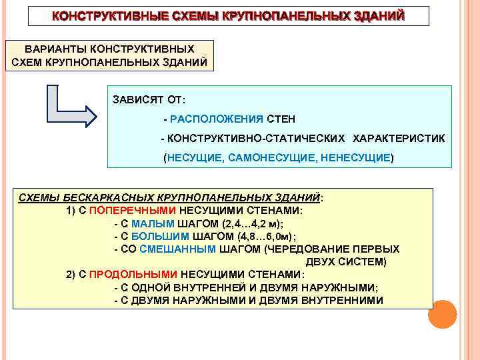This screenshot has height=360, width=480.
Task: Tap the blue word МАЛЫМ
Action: tap(153, 223)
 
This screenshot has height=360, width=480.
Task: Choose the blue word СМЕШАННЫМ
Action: tap(179, 249)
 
